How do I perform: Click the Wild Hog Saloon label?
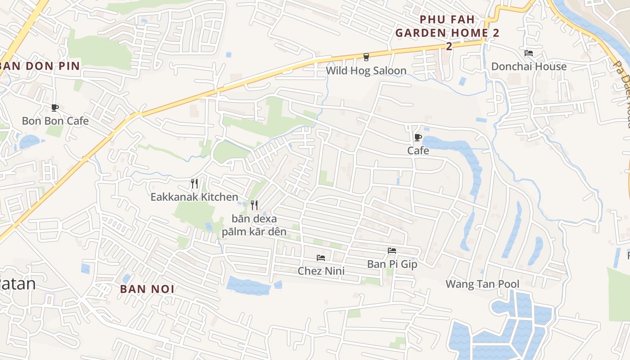366,71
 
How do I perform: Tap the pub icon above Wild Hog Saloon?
366,57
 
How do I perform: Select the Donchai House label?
529,67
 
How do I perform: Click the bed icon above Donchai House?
529,53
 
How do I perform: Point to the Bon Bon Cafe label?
55,121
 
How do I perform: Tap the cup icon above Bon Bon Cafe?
55,108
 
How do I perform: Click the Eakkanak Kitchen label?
194,197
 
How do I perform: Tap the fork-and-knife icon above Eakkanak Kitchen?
194,183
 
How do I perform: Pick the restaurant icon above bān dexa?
254,205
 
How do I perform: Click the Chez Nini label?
321,271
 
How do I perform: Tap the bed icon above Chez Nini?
321,258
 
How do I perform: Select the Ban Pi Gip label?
392,264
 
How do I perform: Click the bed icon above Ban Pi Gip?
392,251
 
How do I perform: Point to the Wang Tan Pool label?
482,284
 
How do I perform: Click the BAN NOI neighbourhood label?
147,289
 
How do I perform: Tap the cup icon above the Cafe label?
418,137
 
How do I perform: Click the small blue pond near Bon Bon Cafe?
30,142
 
